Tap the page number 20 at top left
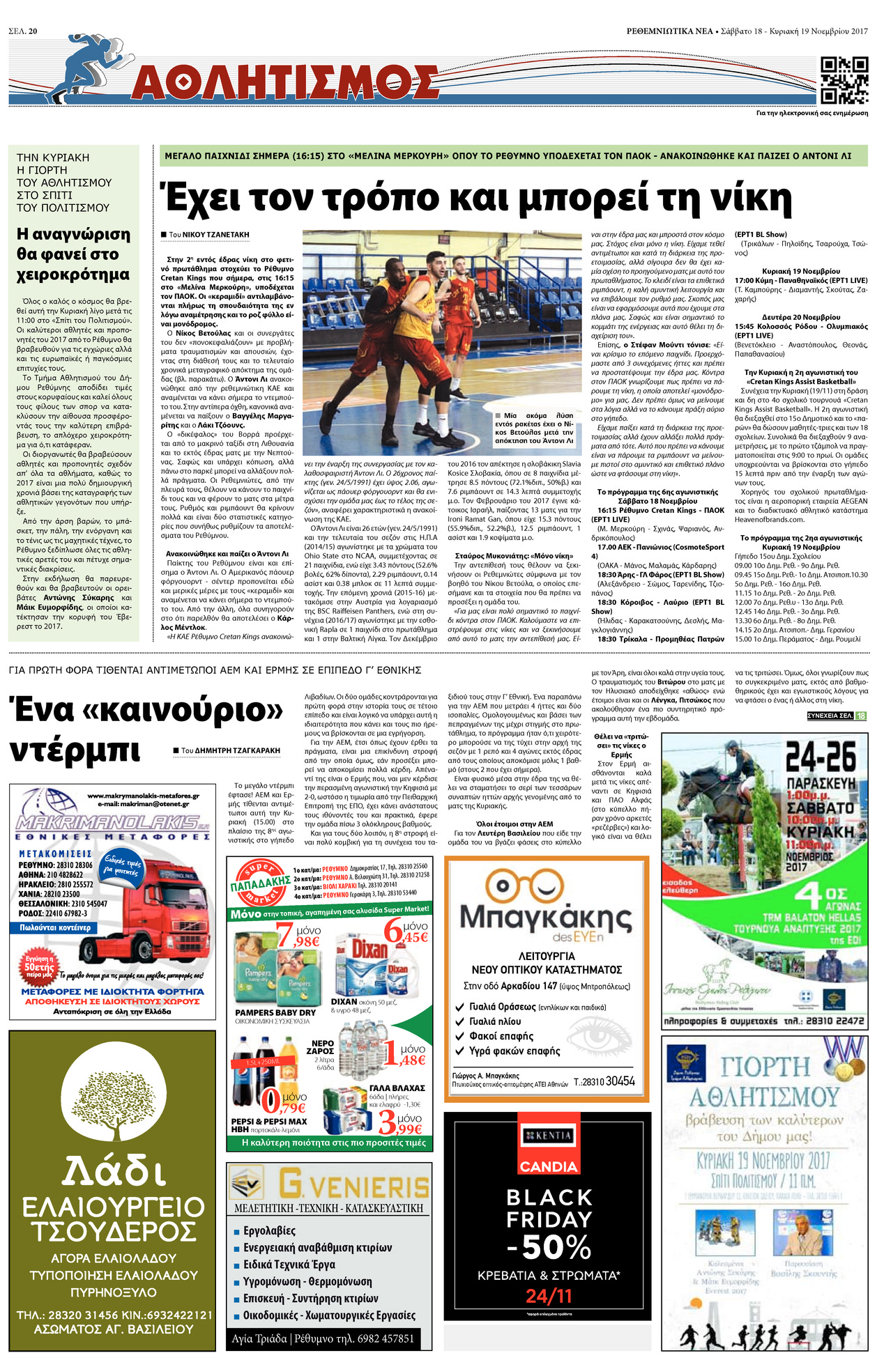pyautogui.click(x=33, y=11)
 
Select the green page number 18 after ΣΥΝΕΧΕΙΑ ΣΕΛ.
pyautogui.click(x=861, y=716)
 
